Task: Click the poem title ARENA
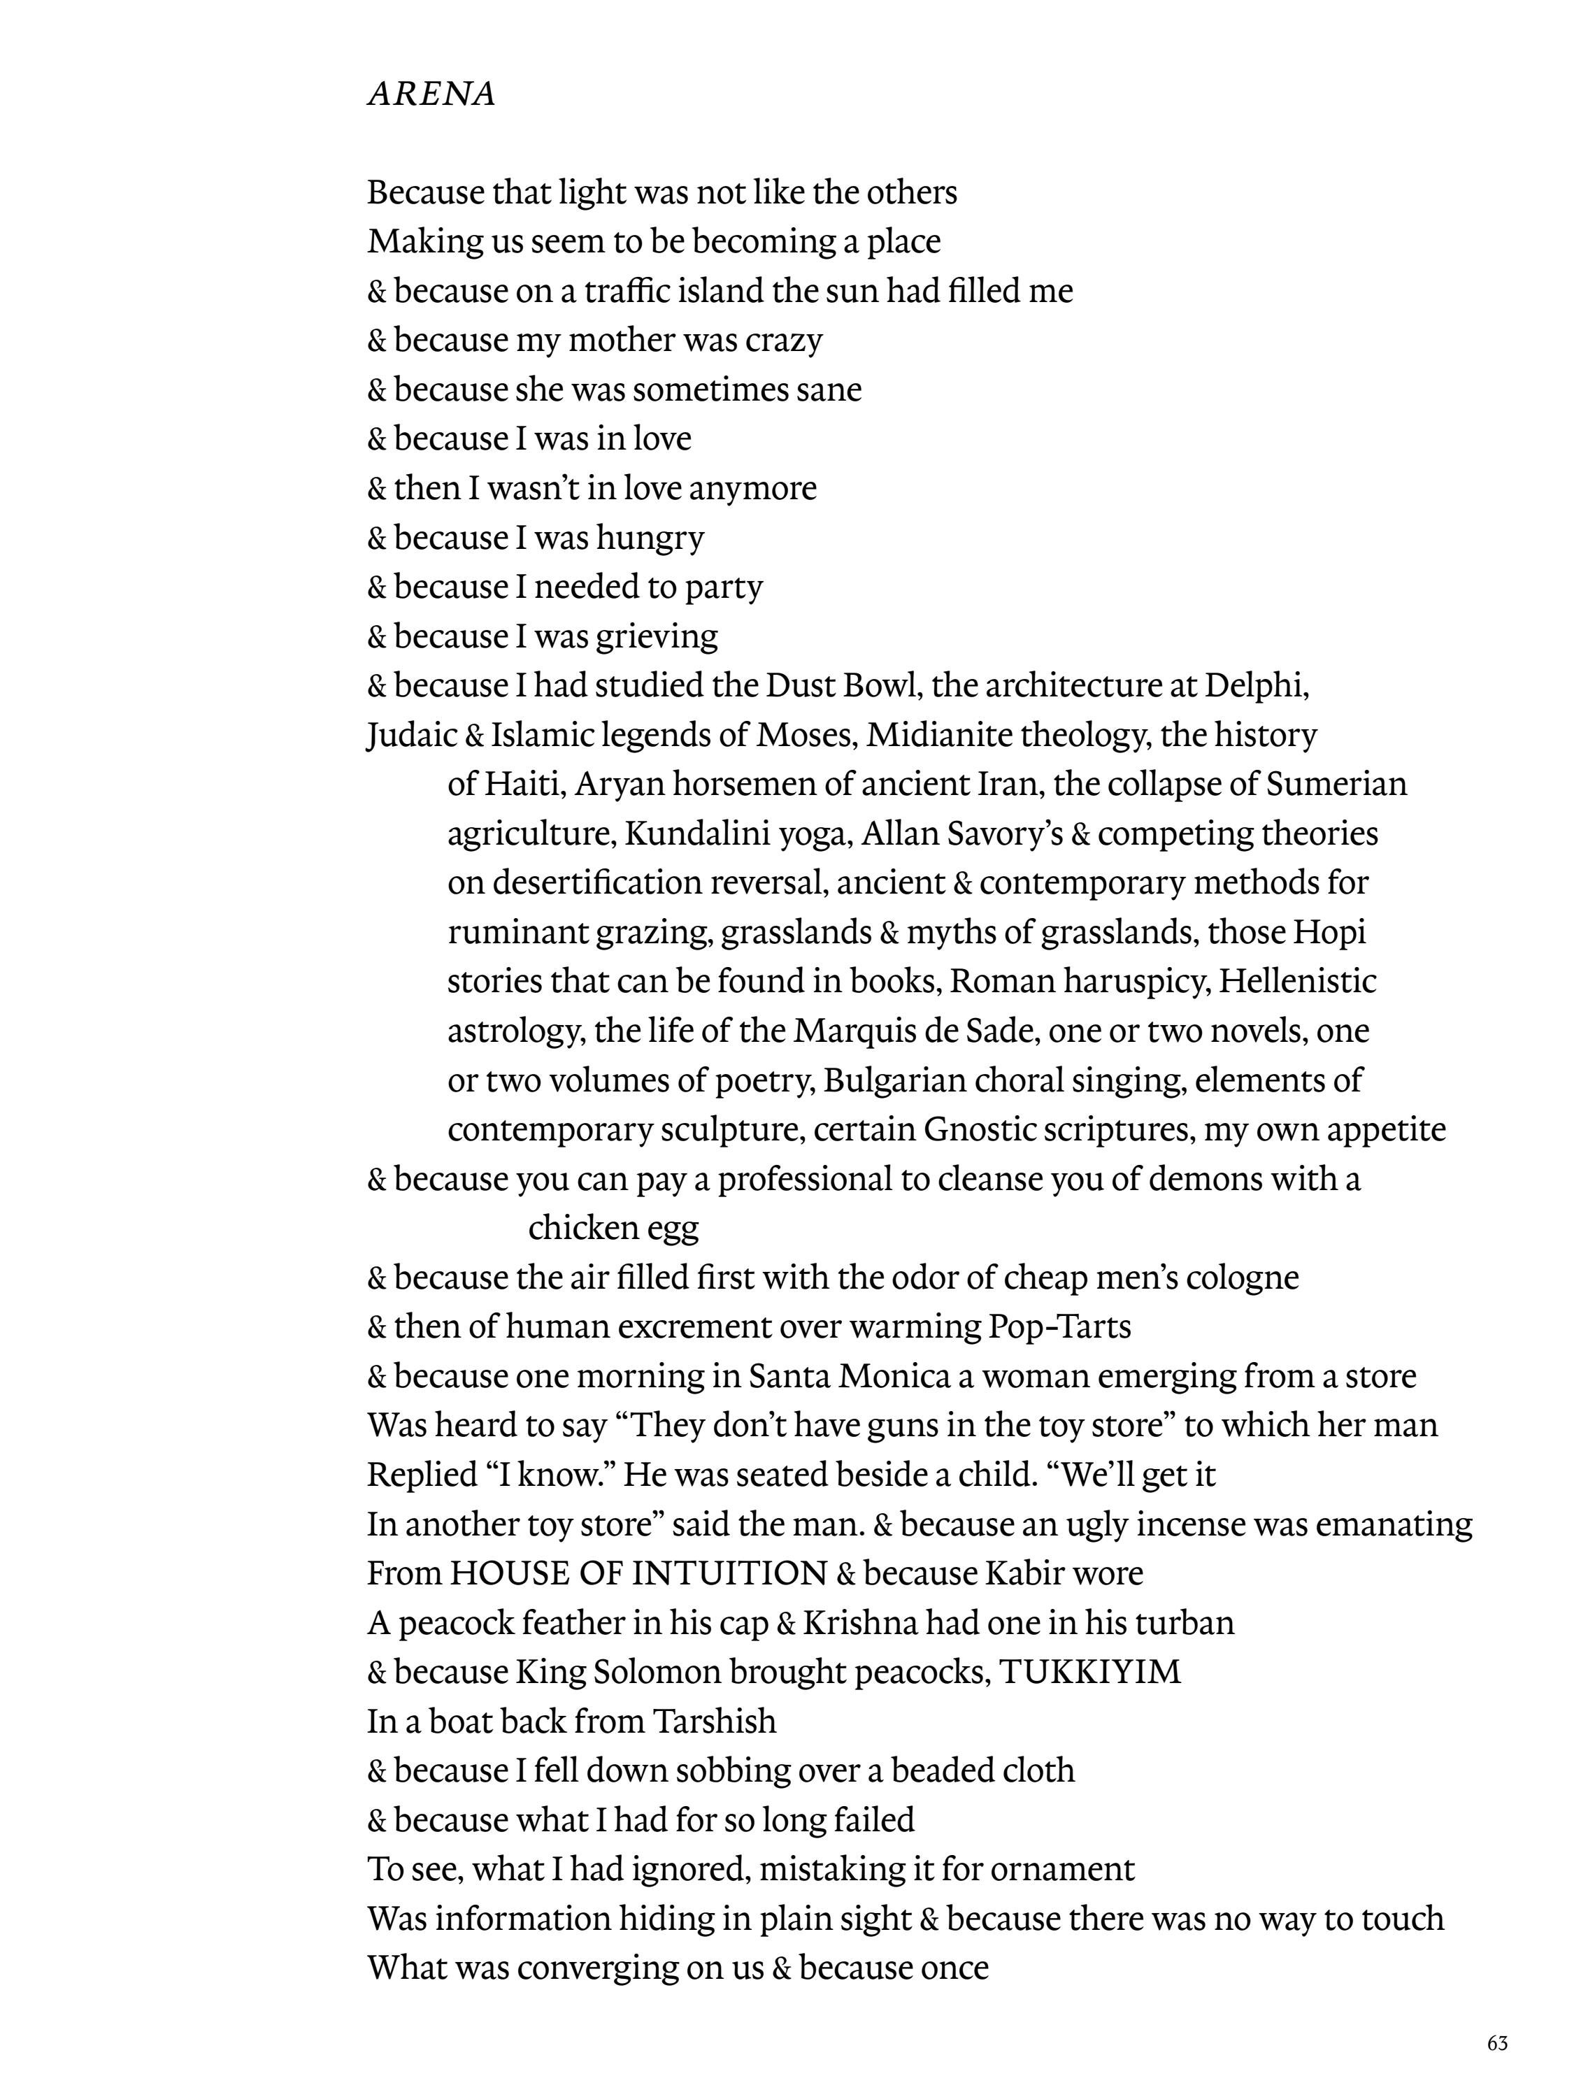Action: point(431,94)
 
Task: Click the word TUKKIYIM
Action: point(1090,1671)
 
